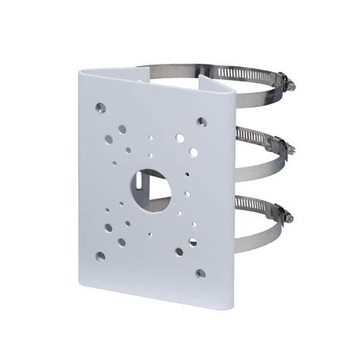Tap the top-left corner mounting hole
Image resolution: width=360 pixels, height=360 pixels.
click(x=99, y=107)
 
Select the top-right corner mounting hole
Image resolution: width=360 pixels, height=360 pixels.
click(x=202, y=120)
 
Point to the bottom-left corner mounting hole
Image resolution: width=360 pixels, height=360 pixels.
click(x=99, y=257)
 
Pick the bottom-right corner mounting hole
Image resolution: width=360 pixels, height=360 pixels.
click(x=201, y=273)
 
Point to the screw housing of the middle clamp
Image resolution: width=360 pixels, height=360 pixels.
click(x=280, y=146)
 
